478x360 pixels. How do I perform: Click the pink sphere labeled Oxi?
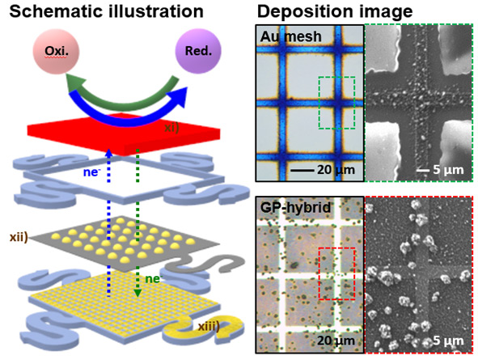[x=56, y=51]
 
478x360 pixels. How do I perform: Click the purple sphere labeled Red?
[x=198, y=51]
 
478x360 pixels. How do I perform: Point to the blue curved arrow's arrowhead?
[x=180, y=97]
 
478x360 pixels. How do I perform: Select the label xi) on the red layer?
[x=171, y=127]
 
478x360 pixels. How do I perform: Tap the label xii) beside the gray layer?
[x=19, y=237]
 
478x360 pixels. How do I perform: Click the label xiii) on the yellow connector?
[x=209, y=327]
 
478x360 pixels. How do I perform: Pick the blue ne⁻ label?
[x=91, y=172]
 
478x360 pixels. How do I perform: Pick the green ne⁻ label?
[x=154, y=279]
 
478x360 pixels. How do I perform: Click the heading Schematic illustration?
[x=107, y=11]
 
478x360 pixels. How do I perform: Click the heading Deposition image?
[x=335, y=11]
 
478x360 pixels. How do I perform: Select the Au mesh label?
[x=291, y=37]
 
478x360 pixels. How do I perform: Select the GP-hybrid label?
[x=295, y=208]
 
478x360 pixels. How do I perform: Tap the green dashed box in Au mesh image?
[x=336, y=77]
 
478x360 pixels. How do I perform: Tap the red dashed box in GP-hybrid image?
[x=336, y=248]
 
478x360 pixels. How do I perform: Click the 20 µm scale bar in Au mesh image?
[x=302, y=170]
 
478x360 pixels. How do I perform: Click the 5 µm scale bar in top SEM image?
[x=423, y=170]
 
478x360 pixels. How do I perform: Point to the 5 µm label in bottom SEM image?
[x=448, y=341]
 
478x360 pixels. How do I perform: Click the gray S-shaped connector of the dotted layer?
[x=207, y=264]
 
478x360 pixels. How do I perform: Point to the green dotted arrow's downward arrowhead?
[x=137, y=293]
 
